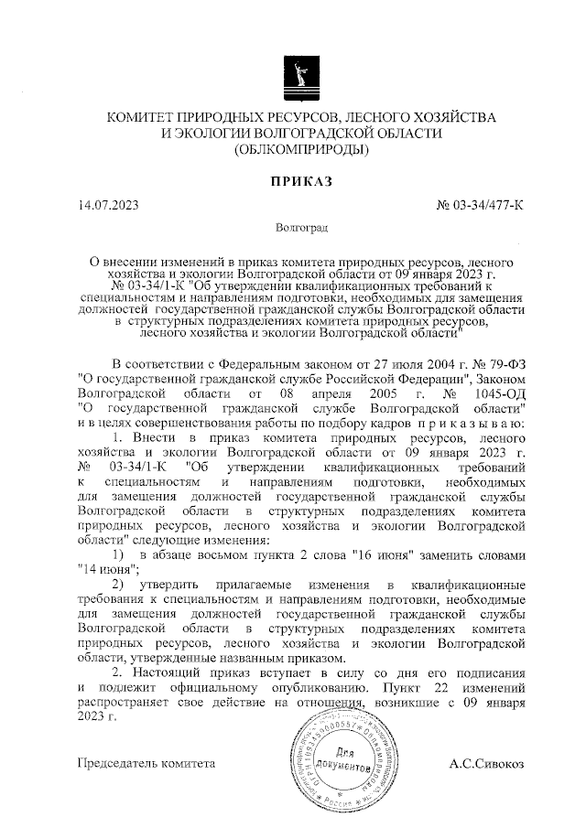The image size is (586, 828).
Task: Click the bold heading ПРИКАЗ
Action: pyautogui.click(x=301, y=184)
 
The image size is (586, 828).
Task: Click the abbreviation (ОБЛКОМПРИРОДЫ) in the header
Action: pyautogui.click(x=301, y=149)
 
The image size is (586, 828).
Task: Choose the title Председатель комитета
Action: pyautogui.click(x=146, y=762)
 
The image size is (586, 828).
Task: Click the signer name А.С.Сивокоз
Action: pyautogui.click(x=487, y=762)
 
